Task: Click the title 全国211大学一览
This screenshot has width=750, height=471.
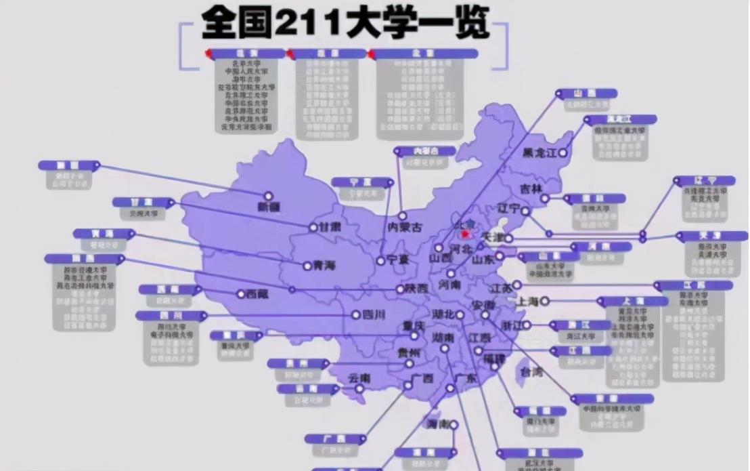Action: coord(345,24)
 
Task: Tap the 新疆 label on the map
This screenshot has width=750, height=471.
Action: coord(269,207)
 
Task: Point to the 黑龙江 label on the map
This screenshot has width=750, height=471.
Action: coord(539,153)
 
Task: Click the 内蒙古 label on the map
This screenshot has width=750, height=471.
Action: coord(404,228)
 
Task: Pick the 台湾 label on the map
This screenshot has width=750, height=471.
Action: coord(530,372)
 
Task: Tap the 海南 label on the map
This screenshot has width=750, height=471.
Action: coord(437,425)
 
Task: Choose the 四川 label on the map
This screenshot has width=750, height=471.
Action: coord(373,314)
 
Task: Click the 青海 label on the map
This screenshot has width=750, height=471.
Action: coord(324,266)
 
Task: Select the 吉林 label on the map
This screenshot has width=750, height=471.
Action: coord(531,188)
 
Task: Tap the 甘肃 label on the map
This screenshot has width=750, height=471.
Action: coord(330,227)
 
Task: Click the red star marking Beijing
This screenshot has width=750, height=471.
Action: coord(465,234)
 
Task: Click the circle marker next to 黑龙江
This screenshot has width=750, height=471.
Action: coord(562,153)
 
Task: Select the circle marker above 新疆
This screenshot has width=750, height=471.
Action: coord(269,196)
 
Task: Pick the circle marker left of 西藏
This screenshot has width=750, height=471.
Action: coord(240,294)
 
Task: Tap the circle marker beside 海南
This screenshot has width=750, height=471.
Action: coord(454,425)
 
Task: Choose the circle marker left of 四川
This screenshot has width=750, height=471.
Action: coord(356,314)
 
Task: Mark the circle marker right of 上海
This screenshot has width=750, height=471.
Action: coord(544,301)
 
